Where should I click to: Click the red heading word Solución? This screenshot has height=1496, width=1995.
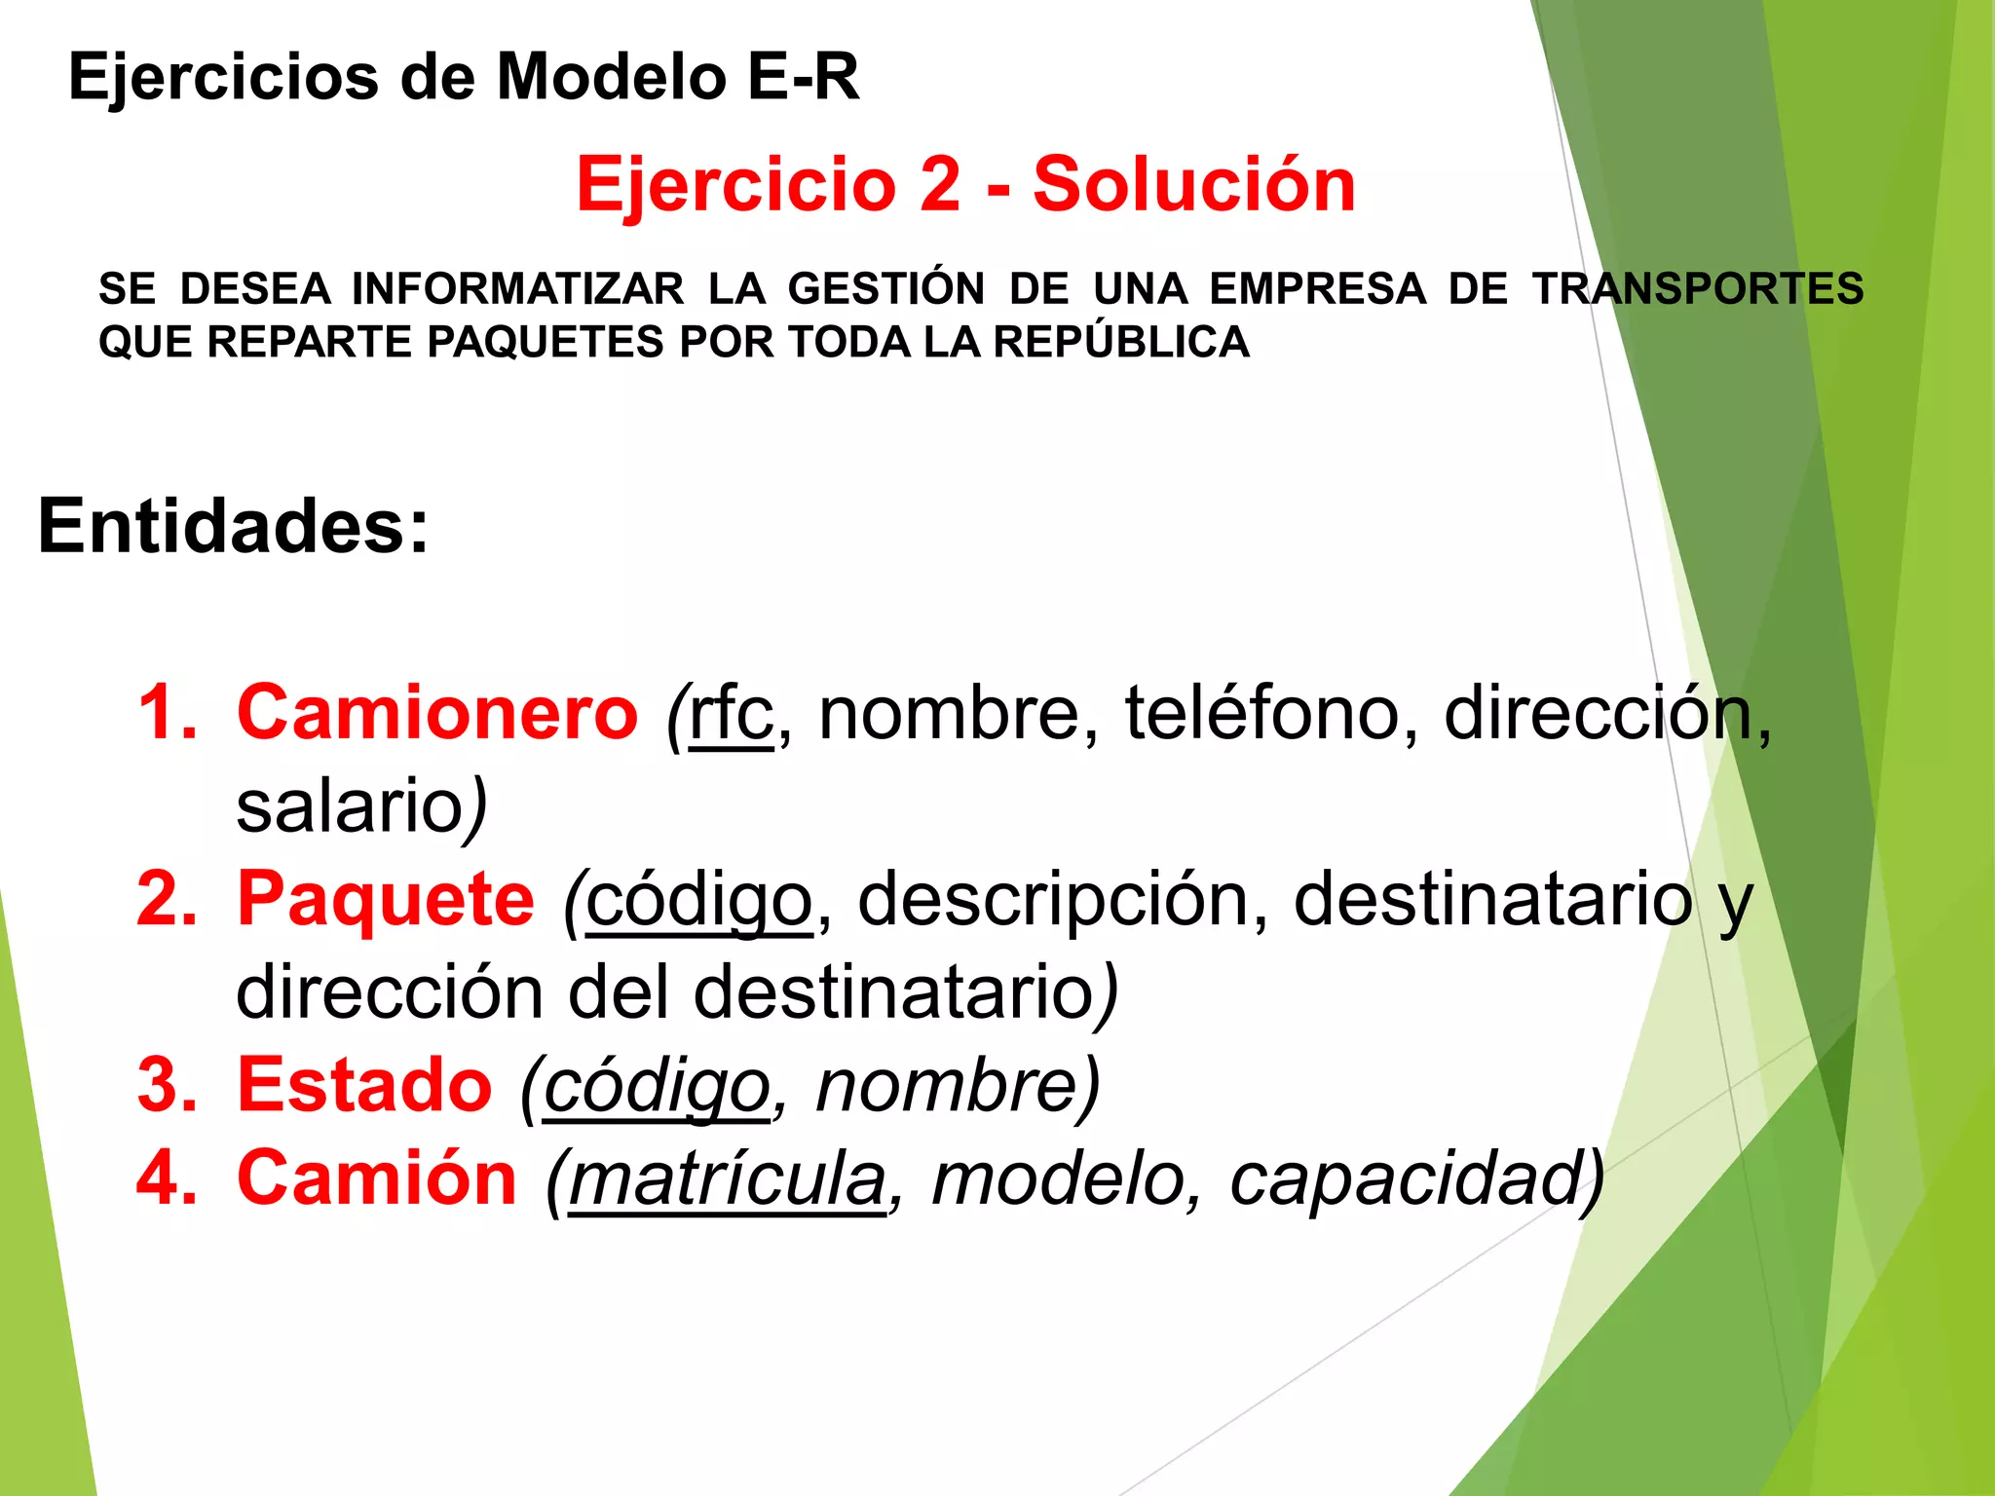click(1194, 184)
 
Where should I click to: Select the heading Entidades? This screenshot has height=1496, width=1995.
click(233, 526)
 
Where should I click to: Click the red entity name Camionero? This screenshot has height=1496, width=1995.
click(437, 713)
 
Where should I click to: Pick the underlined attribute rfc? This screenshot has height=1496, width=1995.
click(732, 715)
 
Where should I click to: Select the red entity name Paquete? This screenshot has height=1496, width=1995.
click(386, 899)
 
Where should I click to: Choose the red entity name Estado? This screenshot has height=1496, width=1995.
click(364, 1085)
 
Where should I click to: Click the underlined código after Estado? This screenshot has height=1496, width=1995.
click(657, 1087)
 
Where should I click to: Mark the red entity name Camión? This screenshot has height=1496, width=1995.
click(377, 1178)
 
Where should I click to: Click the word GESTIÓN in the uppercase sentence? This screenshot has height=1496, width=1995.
click(885, 289)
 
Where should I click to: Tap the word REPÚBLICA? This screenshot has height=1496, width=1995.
click(1121, 342)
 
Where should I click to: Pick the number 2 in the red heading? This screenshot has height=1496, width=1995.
click(939, 184)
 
